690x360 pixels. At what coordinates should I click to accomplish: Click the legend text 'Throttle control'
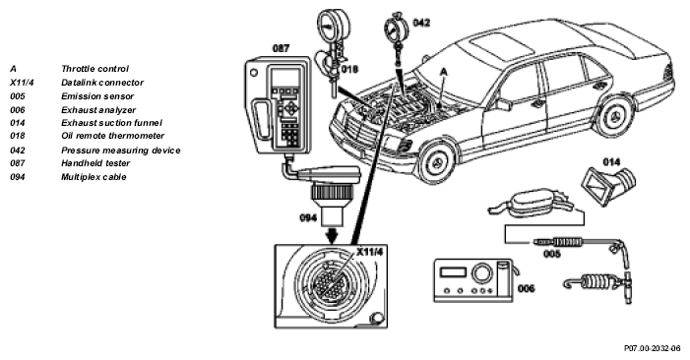(x=95, y=69)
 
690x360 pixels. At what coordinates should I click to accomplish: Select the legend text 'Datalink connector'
(x=102, y=83)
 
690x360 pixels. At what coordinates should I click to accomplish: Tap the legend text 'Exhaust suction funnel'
(x=112, y=123)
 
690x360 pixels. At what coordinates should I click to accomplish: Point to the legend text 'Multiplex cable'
(x=94, y=177)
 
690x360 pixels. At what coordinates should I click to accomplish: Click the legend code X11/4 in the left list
(x=22, y=83)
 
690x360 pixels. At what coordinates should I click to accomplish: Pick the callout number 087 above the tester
(x=281, y=48)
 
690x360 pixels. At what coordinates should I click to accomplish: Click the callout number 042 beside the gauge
(x=421, y=23)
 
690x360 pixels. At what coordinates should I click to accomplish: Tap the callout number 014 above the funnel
(x=611, y=162)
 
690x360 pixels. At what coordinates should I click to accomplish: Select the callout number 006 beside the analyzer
(x=527, y=288)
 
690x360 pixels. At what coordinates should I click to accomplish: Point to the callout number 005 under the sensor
(x=552, y=254)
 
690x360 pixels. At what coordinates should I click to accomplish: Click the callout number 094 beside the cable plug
(x=308, y=217)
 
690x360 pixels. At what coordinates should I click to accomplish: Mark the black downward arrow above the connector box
(x=333, y=234)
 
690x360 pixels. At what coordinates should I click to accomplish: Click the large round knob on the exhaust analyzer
(x=482, y=273)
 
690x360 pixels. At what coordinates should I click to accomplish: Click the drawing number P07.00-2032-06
(x=653, y=348)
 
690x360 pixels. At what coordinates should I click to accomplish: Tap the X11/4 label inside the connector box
(x=370, y=252)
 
